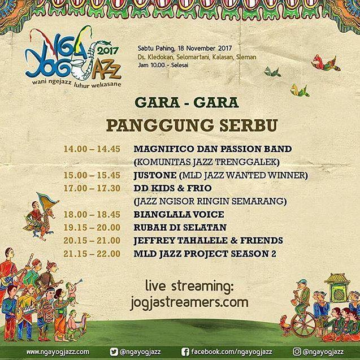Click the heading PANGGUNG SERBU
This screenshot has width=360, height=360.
coord(192,125)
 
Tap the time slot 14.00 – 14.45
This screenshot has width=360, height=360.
coord(92,149)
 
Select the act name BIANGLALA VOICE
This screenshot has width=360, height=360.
coord(179,214)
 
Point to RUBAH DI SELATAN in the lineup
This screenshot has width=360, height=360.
coord(180,228)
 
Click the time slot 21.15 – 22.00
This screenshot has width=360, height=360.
coord(92,254)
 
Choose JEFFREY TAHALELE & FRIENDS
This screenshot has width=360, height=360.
coord(208,241)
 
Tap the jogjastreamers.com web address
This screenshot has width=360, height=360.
coord(189,302)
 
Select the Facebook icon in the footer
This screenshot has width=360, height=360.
coord(185,352)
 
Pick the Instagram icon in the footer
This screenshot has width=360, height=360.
coord(297,352)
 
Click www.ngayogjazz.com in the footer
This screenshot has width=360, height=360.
coord(58,352)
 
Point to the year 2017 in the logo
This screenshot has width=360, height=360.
coord(108,51)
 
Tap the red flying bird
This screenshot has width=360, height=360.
coord(326,63)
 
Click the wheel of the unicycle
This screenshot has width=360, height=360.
coord(303,324)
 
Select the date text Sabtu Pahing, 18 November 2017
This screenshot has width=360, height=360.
coord(185,49)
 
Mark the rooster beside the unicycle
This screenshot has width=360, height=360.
coord(285,326)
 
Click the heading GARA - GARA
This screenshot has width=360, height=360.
coord(186,103)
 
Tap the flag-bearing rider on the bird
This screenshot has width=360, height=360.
coord(41,217)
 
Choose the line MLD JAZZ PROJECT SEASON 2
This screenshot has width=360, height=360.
coord(205,254)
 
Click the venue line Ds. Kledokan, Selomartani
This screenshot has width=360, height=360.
coord(197,57)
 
